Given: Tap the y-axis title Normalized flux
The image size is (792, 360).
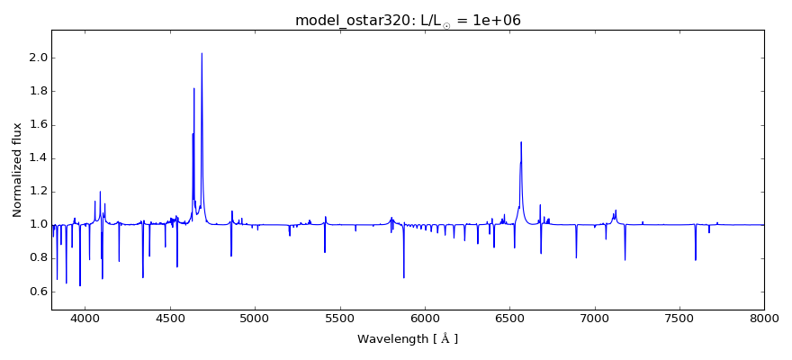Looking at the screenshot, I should (x=17, y=170).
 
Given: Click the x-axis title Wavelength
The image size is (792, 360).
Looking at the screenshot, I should (x=408, y=339).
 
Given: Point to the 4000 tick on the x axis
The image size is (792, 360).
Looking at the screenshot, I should (x=85, y=318).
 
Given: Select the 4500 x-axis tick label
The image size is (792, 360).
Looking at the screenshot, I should (x=170, y=318).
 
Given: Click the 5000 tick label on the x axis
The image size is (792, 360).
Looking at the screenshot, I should (x=256, y=318).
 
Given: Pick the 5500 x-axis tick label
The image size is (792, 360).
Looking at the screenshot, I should (x=340, y=318).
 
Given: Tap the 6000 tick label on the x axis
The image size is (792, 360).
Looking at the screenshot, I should (x=425, y=318).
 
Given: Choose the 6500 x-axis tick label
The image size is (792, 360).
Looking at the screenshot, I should (x=509, y=318).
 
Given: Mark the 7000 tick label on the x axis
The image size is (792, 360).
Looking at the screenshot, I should (x=595, y=318).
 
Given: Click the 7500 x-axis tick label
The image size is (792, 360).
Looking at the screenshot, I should (x=679, y=318).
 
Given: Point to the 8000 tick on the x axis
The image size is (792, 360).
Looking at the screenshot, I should (x=764, y=318).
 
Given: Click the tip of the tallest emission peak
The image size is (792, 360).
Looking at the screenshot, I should (x=202, y=53).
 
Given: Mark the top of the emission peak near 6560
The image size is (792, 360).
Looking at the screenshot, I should (x=521, y=142).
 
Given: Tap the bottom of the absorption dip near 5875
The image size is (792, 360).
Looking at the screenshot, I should (x=403, y=277).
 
